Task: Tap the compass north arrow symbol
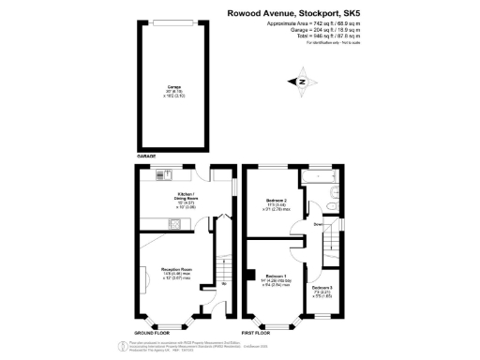303,83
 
